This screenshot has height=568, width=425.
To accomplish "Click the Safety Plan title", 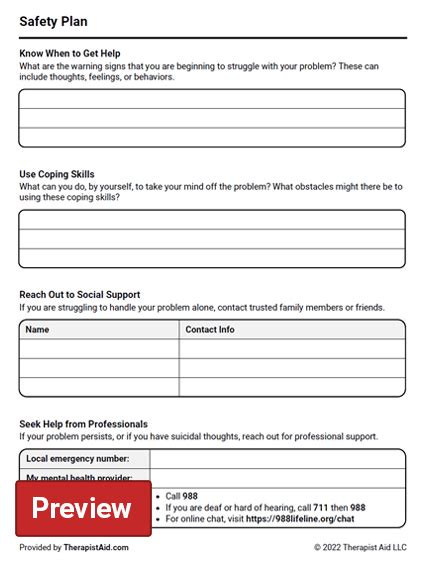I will click(53, 20).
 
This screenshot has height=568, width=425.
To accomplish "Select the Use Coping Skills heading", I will click(58, 174).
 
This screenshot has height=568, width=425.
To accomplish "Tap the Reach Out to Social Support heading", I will click(80, 295).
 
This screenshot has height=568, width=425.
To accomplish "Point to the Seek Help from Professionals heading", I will click(83, 424).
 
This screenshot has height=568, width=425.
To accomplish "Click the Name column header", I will click(37, 329).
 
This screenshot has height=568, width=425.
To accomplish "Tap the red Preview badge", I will click(82, 508).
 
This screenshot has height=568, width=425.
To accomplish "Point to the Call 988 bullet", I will click(181, 495).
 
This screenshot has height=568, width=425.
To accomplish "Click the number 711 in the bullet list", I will click(320, 507).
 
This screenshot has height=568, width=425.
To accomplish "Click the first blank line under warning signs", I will click(212, 99).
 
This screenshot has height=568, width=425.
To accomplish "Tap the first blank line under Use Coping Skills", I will click(212, 220).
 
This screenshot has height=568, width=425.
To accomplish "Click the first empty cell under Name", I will click(99, 348).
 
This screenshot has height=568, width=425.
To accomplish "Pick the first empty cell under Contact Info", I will click(292, 348).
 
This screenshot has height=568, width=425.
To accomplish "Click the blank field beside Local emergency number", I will click(277, 458).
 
